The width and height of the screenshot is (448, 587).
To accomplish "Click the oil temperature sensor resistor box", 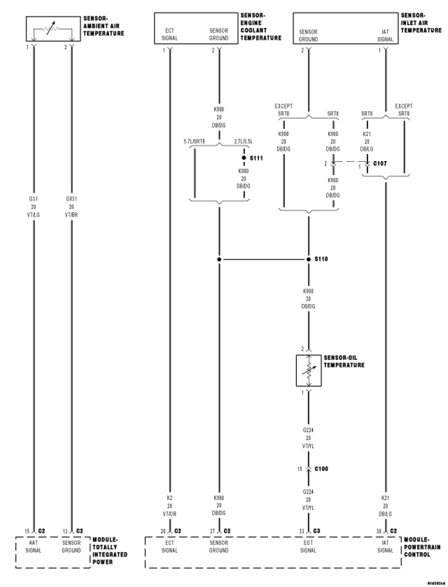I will pyautogui.click(x=308, y=370).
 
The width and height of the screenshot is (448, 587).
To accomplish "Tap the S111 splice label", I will pyautogui.click(x=256, y=158).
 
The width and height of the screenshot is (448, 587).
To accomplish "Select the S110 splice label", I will pyautogui.click(x=321, y=259).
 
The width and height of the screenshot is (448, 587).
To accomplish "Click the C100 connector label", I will pyautogui.click(x=321, y=468).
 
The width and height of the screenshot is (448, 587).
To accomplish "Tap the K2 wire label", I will pyautogui.click(x=169, y=498).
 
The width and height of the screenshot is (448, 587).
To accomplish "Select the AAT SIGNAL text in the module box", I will pyautogui.click(x=34, y=546).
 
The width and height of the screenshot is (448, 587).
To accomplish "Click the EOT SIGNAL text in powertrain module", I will pyautogui.click(x=308, y=546).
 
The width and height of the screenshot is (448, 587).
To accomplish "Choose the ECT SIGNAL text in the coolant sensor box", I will pyautogui.click(x=169, y=34).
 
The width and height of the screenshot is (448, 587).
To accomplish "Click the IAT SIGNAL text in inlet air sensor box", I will pyautogui.click(x=385, y=36).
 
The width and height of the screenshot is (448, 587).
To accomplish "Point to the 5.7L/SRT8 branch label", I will pyautogui.click(x=195, y=141).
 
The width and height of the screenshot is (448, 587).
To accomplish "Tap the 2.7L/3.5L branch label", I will pyautogui.click(x=244, y=141).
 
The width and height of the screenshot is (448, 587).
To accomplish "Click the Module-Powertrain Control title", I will pyautogui.click(x=417, y=547).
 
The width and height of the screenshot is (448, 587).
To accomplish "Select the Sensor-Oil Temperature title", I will pyautogui.click(x=344, y=361).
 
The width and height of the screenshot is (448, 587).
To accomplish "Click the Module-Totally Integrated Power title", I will pyautogui.click(x=110, y=550).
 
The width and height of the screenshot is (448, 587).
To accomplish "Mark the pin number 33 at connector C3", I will pyautogui.click(x=301, y=531).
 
